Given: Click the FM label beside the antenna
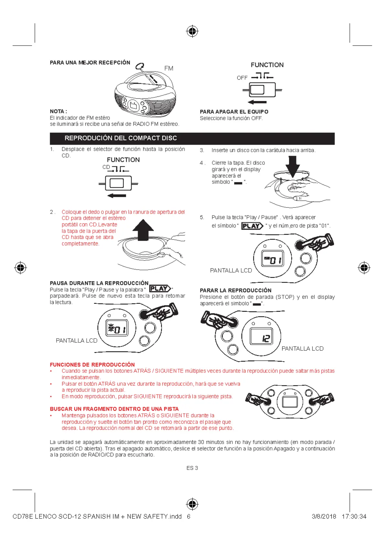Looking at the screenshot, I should (169, 68).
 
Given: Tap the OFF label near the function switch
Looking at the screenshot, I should (242, 78).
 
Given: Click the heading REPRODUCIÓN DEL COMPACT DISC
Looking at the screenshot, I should (121, 138).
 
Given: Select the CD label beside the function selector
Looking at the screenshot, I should (106, 167).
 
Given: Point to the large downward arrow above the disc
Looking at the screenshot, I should (293, 166).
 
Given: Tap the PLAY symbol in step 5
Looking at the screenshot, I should (252, 226).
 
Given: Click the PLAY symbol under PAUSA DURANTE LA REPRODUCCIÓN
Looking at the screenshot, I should (160, 288).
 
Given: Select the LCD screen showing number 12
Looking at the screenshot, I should (261, 336).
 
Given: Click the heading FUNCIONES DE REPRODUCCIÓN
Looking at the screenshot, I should (92, 364).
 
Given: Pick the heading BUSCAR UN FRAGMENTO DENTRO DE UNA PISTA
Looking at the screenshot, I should (114, 409).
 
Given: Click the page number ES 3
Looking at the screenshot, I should (192, 468).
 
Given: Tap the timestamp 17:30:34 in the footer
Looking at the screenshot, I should (354, 517).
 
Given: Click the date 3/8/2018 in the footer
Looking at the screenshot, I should (324, 517).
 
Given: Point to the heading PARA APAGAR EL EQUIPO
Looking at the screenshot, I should (234, 112).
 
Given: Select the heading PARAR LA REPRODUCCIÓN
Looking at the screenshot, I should (236, 290).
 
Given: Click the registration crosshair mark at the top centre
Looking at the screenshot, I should (192, 31).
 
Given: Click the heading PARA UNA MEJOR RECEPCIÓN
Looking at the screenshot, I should (90, 62).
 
